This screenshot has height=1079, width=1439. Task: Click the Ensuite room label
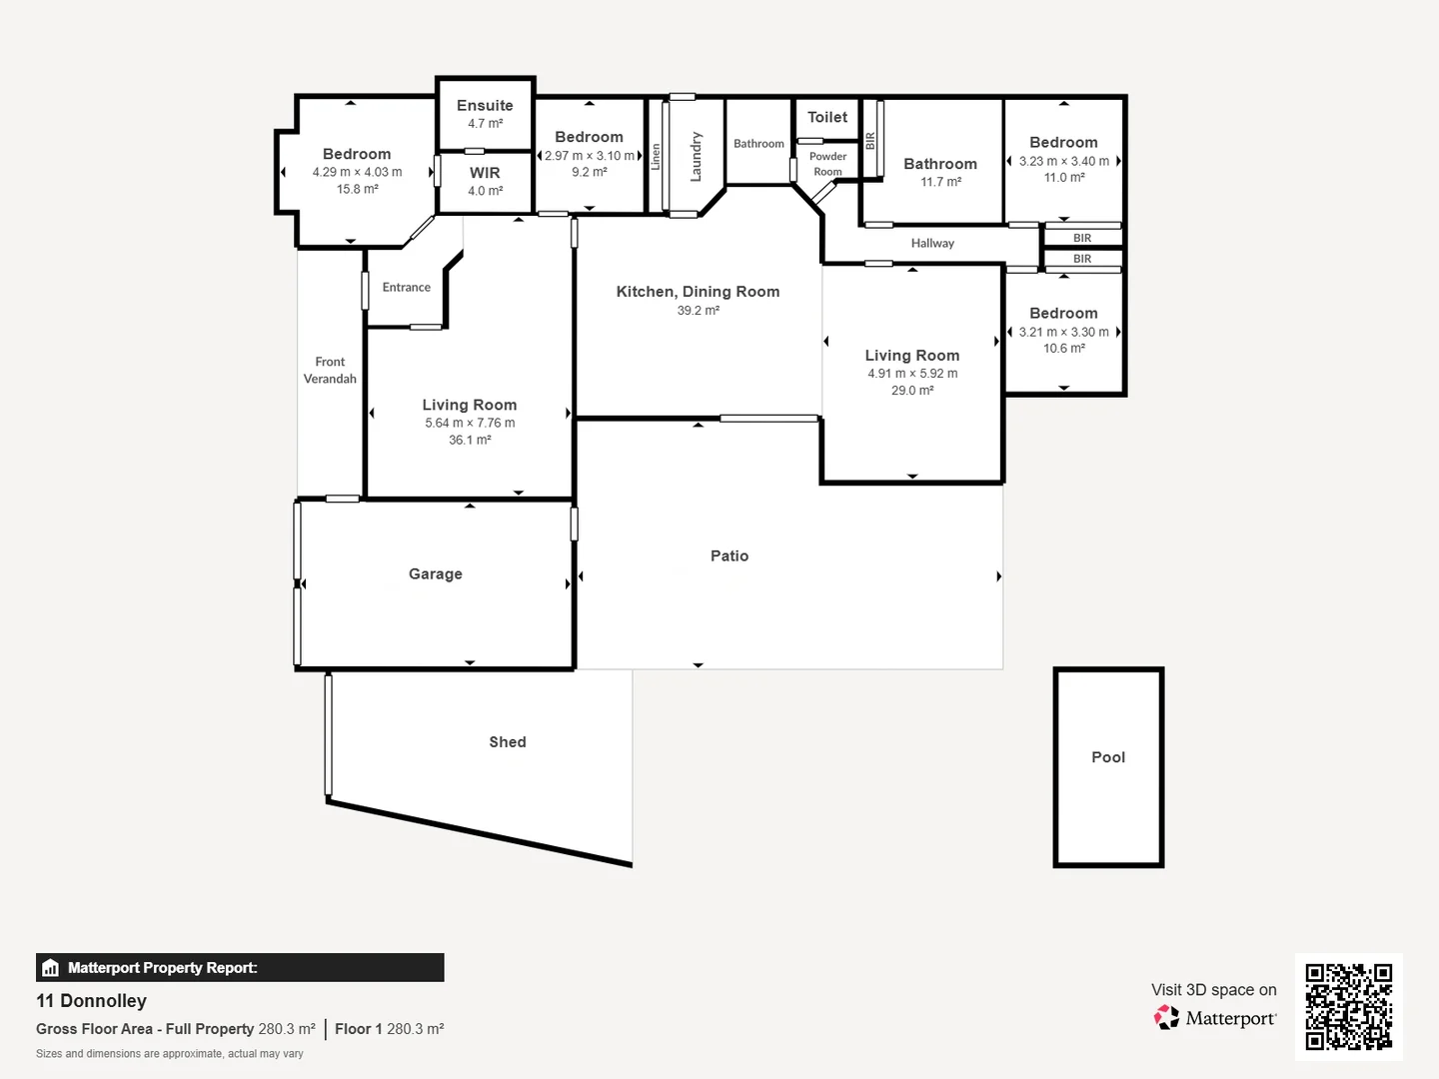(x=485, y=106)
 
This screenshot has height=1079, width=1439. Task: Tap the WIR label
(x=485, y=173)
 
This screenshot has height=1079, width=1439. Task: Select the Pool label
(x=1108, y=757)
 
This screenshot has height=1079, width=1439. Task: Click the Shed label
(x=508, y=741)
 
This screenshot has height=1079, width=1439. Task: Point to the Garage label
(x=436, y=573)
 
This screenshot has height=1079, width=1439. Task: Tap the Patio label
(x=729, y=555)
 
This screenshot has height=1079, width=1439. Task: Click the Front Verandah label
(x=330, y=370)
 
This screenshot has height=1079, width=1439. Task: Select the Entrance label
(x=407, y=287)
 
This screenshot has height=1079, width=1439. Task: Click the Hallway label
(x=932, y=243)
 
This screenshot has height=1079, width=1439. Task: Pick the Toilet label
(x=827, y=117)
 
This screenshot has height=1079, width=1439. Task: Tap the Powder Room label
(x=827, y=164)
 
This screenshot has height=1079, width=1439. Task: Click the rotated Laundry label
(x=696, y=157)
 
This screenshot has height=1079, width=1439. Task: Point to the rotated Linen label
(x=655, y=157)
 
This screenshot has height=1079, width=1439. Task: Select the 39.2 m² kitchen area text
(x=699, y=310)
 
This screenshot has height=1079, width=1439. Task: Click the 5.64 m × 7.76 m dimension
(x=470, y=423)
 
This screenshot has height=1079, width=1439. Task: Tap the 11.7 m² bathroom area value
(x=940, y=182)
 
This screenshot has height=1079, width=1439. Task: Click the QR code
(x=1348, y=1007)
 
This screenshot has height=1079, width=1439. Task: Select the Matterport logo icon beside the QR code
(x=1166, y=1017)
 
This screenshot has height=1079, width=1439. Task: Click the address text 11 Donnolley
(x=91, y=1000)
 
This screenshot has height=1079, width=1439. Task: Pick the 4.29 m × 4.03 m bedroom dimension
(x=357, y=172)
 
